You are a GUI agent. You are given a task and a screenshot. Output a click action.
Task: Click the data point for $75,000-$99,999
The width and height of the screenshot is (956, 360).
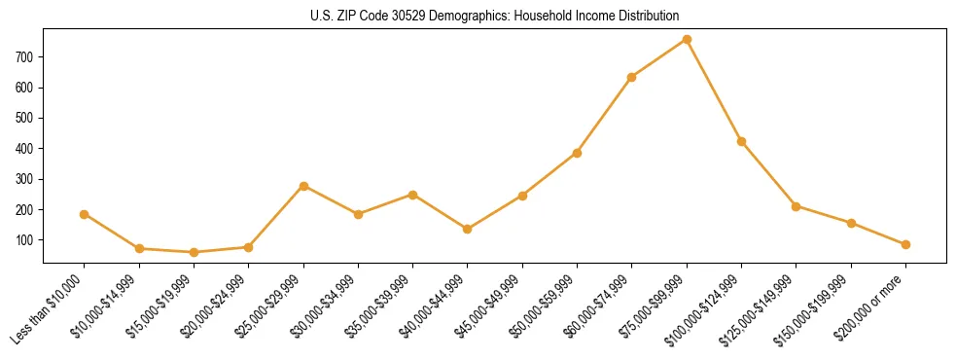pyautogui.click(x=687, y=39)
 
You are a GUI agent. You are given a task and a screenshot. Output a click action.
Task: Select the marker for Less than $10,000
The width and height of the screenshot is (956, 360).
pyautogui.click(x=84, y=214)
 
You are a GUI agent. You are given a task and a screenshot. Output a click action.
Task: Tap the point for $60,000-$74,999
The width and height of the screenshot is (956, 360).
pyautogui.click(x=632, y=77)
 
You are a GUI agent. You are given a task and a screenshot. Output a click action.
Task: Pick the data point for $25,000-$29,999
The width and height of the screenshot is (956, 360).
pyautogui.click(x=303, y=186)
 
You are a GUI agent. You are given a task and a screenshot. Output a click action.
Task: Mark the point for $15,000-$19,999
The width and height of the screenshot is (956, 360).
pyautogui.click(x=194, y=252)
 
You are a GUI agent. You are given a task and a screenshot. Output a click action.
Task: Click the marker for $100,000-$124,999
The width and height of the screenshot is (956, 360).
pyautogui.click(x=741, y=141)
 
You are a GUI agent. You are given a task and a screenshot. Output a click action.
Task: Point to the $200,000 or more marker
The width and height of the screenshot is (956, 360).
pyautogui.click(x=905, y=244)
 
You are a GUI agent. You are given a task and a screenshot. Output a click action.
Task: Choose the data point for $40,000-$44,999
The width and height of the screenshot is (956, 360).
pyautogui.click(x=468, y=230)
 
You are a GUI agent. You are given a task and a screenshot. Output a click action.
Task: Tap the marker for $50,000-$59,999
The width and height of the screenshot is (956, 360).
pyautogui.click(x=577, y=153)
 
